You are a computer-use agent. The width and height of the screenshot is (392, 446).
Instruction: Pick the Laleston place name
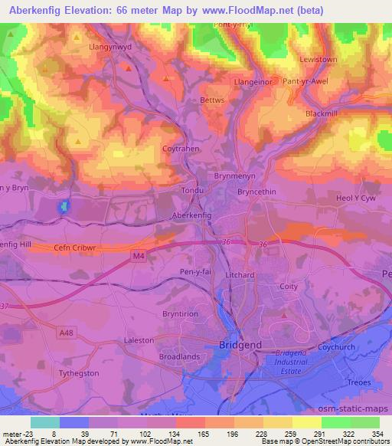(x=139, y=339)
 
